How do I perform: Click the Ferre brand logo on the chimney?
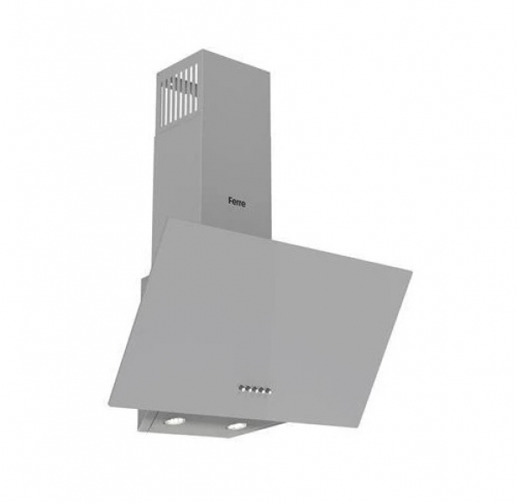pos(237,202)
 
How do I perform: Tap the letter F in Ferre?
pos(231,201)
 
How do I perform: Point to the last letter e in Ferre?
pos(243,204)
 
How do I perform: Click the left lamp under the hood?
pos(175,421)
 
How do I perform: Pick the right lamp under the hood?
pos(236,427)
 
